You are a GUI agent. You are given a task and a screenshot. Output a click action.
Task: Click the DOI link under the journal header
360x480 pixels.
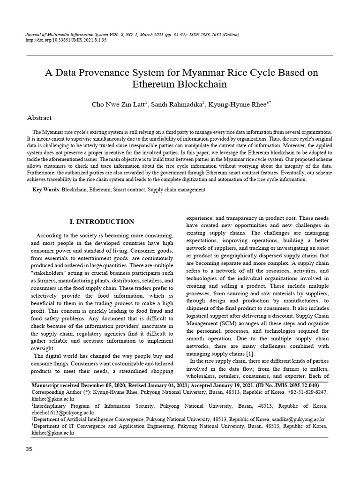tap(66, 41)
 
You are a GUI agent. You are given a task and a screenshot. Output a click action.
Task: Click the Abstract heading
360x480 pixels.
tap(39, 118)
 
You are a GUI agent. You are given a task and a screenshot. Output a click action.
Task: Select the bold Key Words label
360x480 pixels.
tap(45, 189)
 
